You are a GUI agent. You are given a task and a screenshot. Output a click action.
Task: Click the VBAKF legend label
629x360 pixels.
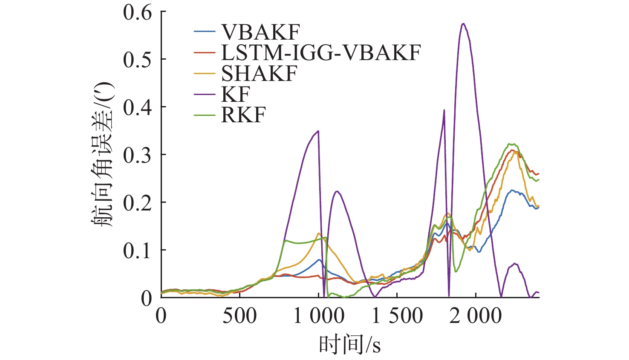pyautogui.click(x=260, y=32)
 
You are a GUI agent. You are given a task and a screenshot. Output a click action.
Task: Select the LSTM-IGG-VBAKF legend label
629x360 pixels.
pyautogui.click(x=321, y=52)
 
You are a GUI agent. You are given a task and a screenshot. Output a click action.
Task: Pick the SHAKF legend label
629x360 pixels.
pyautogui.click(x=259, y=74)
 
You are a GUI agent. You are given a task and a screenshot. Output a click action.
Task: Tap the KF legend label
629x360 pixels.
pyautogui.click(x=235, y=94)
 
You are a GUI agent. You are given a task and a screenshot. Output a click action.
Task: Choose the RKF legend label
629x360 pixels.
pyautogui.click(x=243, y=115)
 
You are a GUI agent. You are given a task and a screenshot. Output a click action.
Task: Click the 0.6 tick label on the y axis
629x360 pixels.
pyautogui.click(x=138, y=12)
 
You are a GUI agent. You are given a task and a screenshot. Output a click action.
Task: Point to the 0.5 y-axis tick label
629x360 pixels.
pyautogui.click(x=138, y=60)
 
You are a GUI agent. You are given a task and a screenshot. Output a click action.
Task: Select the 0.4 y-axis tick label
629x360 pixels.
pyautogui.click(x=138, y=107)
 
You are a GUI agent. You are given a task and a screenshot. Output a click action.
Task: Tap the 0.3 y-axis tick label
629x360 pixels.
pyautogui.click(x=138, y=155)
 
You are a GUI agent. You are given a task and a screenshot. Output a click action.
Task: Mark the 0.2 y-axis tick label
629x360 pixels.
pyautogui.click(x=138, y=203)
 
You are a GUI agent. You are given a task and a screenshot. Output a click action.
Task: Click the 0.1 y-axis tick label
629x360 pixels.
pyautogui.click(x=138, y=251)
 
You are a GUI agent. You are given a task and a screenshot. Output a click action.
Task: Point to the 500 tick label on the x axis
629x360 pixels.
pyautogui.click(x=239, y=316)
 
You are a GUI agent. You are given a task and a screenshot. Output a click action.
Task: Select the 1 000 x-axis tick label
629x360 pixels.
pyautogui.click(x=319, y=316)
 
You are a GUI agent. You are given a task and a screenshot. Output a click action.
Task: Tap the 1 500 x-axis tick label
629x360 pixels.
pyautogui.click(x=397, y=316)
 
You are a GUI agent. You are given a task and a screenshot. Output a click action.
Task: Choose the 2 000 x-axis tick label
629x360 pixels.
pyautogui.click(x=476, y=316)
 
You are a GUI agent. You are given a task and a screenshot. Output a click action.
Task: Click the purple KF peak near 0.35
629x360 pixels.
pyautogui.click(x=318, y=131)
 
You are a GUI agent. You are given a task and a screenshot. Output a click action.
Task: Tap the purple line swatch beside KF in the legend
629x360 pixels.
pyautogui.click(x=204, y=94)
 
